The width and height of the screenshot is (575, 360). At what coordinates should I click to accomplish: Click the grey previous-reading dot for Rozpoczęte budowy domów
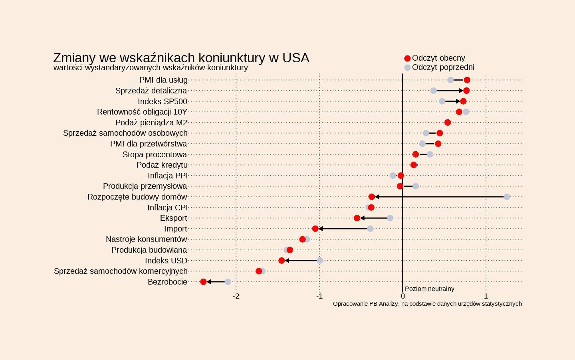tap(507, 197)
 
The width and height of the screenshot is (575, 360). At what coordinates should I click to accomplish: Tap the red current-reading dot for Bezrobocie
tap(203, 282)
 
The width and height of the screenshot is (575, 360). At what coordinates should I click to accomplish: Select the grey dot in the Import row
tap(370, 229)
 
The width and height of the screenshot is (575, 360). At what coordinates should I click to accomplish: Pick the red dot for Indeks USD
tap(282, 261)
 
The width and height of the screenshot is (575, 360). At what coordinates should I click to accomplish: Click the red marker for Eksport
tap(357, 218)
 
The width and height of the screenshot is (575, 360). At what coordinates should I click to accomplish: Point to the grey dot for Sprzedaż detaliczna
tap(434, 91)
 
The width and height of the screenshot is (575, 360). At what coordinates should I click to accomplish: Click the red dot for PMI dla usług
tap(467, 80)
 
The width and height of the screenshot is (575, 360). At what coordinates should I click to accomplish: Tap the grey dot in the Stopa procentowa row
tap(430, 154)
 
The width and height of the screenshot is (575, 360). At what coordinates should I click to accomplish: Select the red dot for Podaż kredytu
tap(414, 165)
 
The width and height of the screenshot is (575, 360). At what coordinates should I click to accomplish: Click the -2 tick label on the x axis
tap(236, 296)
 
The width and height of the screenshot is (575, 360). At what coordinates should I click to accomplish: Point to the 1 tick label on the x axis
tap(486, 296)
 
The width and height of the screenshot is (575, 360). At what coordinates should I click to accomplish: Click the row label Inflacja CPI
tap(167, 208)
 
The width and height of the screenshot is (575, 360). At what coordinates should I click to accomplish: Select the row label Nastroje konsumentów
tap(146, 239)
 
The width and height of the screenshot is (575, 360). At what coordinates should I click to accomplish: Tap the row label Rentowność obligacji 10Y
tap(142, 112)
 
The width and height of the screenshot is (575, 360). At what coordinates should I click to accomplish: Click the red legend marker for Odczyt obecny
tap(407, 58)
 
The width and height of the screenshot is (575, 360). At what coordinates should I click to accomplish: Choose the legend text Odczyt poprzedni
tap(443, 67)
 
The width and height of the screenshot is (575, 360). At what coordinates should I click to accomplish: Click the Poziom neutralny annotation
tap(429, 289)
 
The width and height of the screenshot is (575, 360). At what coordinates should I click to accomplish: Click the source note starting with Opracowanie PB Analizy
tap(427, 304)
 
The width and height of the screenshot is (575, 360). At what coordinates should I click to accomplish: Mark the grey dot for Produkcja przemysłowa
tap(416, 186)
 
